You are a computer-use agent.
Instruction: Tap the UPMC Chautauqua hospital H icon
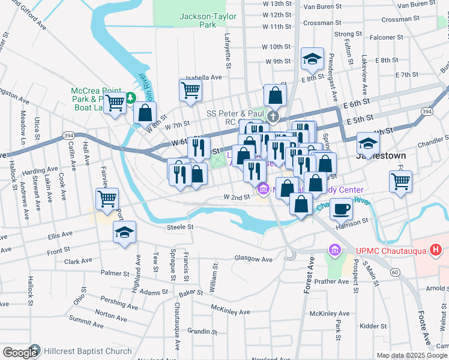tap(436, 249)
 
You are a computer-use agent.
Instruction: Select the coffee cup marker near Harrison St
tap(342, 209)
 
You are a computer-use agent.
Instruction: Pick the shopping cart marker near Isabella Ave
tap(190, 91)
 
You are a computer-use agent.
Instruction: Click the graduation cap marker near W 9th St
tap(312, 59)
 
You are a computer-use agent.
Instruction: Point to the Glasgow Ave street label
tap(253, 260)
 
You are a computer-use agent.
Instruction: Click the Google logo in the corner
tap(20, 353)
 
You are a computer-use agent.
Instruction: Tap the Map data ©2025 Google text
tap(412, 355)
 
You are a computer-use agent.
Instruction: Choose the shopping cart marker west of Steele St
tap(107, 199)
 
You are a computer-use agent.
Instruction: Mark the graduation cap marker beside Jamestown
tap(368, 143)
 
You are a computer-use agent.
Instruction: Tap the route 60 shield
tap(394, 272)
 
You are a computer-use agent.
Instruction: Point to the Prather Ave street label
tap(331, 281)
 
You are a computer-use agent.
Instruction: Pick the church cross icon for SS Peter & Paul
tap(273, 115)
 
